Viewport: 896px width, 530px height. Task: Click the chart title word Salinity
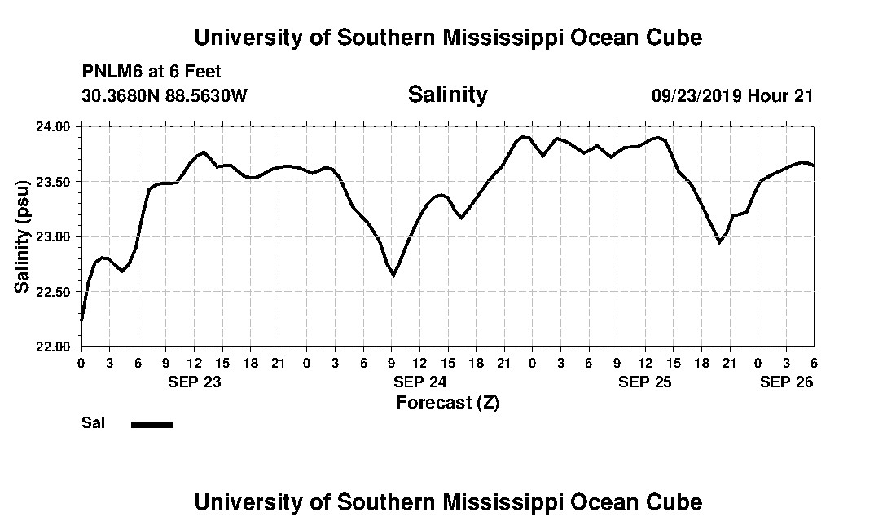[447, 95]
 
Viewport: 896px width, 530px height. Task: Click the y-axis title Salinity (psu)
[22, 236]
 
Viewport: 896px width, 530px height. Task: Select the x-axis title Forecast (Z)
[447, 402]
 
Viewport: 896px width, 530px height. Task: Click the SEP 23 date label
[194, 382]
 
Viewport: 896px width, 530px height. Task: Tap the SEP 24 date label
[419, 382]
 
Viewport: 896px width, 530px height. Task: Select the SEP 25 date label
[645, 382]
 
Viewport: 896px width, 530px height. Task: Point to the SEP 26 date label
[786, 382]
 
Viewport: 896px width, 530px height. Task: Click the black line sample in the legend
[152, 424]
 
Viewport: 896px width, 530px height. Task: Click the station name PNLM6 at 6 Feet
[152, 73]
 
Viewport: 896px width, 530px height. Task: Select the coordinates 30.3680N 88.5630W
[164, 95]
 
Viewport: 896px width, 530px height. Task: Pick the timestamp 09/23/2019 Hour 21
[732, 95]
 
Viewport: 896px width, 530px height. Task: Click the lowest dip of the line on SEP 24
[393, 276]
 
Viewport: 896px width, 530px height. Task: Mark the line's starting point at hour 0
[81, 321]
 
